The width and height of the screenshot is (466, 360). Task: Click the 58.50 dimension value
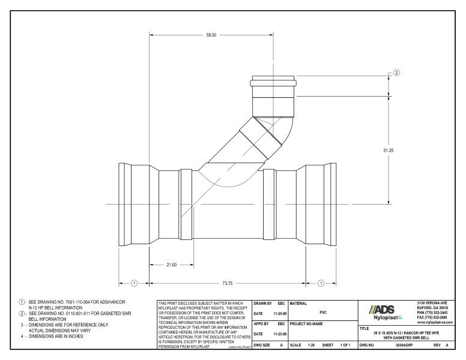pos(211,35)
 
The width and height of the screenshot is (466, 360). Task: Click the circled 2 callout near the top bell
pos(396,73)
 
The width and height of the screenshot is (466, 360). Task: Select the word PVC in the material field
pos(322,312)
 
